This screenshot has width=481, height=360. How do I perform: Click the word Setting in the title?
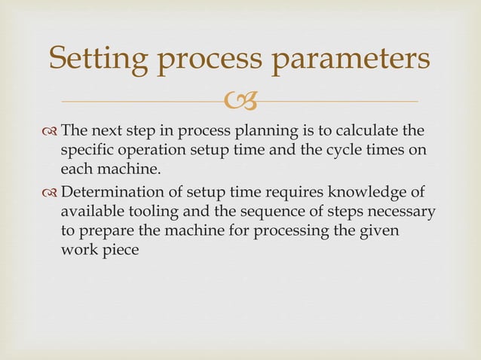pyautogui.click(x=95, y=58)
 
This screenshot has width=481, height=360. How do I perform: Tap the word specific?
pyautogui.click(x=85, y=149)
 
